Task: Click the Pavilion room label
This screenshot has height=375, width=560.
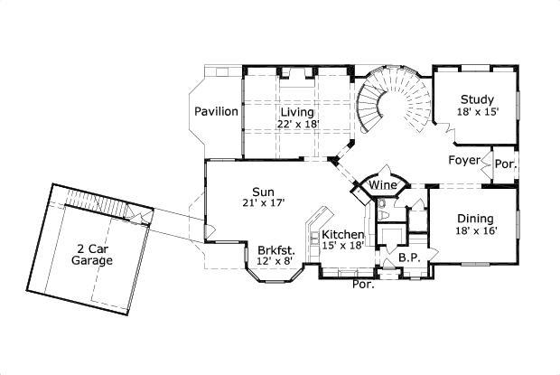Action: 217,112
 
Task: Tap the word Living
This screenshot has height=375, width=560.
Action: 297,112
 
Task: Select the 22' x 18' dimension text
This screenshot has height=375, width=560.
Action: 297,125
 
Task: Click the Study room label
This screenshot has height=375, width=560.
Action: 476,99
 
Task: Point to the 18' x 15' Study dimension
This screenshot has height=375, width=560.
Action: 476,112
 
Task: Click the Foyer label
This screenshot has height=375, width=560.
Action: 464,161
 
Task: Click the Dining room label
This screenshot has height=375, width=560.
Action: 474,219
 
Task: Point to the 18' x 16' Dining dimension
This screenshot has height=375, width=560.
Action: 474,231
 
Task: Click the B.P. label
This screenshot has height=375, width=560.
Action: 407,258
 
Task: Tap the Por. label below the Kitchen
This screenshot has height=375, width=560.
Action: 362,284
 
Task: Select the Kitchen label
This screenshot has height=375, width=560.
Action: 343,234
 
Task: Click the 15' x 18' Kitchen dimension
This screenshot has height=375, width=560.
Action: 343,247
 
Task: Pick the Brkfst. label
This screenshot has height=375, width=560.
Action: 275,250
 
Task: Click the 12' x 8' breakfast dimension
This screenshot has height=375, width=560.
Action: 275,262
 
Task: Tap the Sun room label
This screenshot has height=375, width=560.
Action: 263,191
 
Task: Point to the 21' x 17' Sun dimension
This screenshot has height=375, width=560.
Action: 263,203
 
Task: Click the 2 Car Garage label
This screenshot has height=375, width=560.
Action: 93,254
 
